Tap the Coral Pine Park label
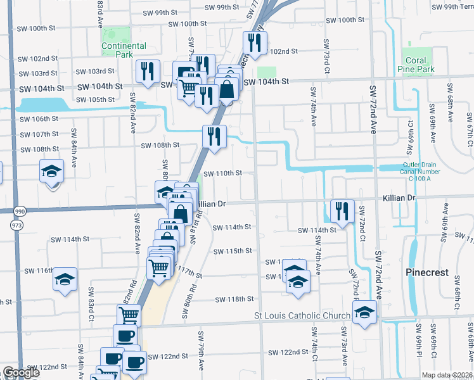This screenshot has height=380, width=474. [x=416, y=65]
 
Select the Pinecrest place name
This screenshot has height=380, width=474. [x=426, y=272]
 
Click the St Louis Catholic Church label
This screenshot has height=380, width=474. [x=302, y=316]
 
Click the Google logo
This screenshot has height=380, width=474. [x=21, y=372]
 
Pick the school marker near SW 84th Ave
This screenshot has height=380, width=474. [x=51, y=170]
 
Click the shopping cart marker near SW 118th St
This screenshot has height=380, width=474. [x=128, y=314]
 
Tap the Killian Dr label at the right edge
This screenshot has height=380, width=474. [x=398, y=198]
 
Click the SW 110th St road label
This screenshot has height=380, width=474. [x=223, y=173]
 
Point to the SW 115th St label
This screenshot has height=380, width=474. [x=233, y=251]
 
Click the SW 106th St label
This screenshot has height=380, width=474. [x=39, y=119]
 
